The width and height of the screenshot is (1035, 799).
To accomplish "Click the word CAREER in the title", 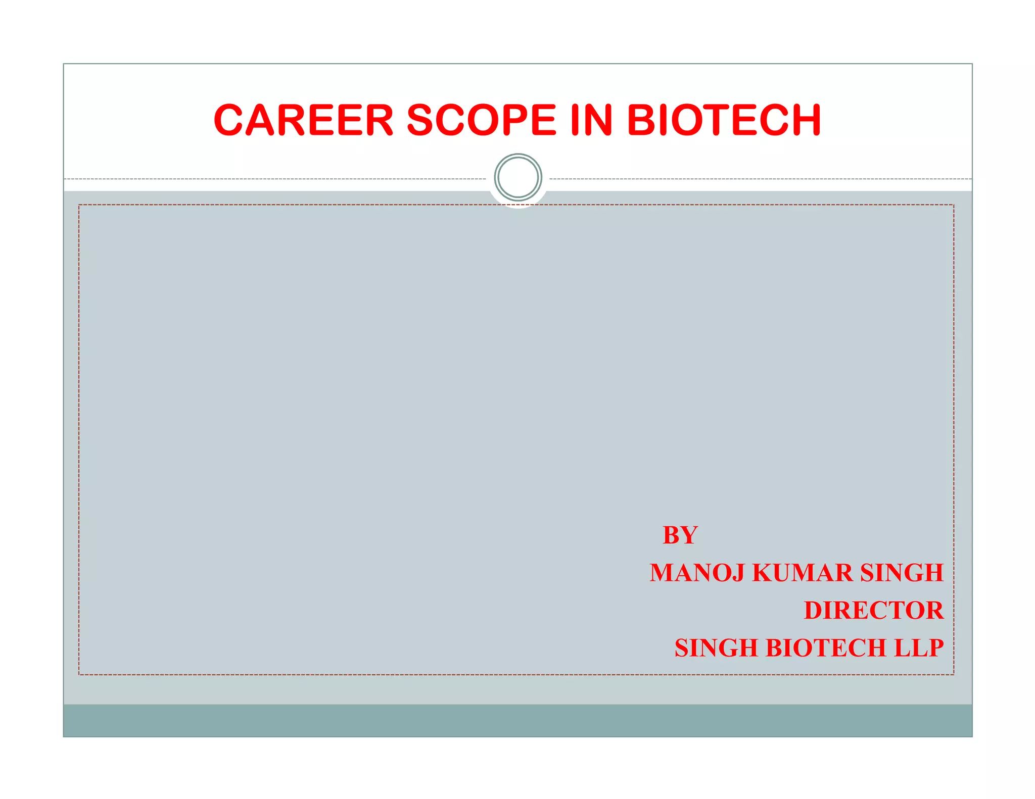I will [x=303, y=120].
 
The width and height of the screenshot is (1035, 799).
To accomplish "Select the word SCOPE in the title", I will [x=481, y=120].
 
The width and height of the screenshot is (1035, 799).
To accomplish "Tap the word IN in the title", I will [x=591, y=120].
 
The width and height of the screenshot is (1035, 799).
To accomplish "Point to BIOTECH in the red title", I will [x=724, y=120].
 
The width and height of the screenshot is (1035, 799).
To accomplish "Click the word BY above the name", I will [x=680, y=535].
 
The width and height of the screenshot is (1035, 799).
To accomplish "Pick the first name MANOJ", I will [x=697, y=573].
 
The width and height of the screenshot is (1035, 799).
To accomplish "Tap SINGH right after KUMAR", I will [x=902, y=573].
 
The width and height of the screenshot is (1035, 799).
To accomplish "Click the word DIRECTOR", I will [x=873, y=610].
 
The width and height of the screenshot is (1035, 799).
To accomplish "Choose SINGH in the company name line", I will [x=716, y=648].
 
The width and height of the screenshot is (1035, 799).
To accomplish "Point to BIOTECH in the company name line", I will [x=826, y=648].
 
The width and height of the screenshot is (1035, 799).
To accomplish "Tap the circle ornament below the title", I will [x=518, y=177].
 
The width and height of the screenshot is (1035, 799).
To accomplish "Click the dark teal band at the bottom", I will [x=517, y=720].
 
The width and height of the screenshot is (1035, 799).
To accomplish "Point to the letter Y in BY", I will [x=689, y=535].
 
